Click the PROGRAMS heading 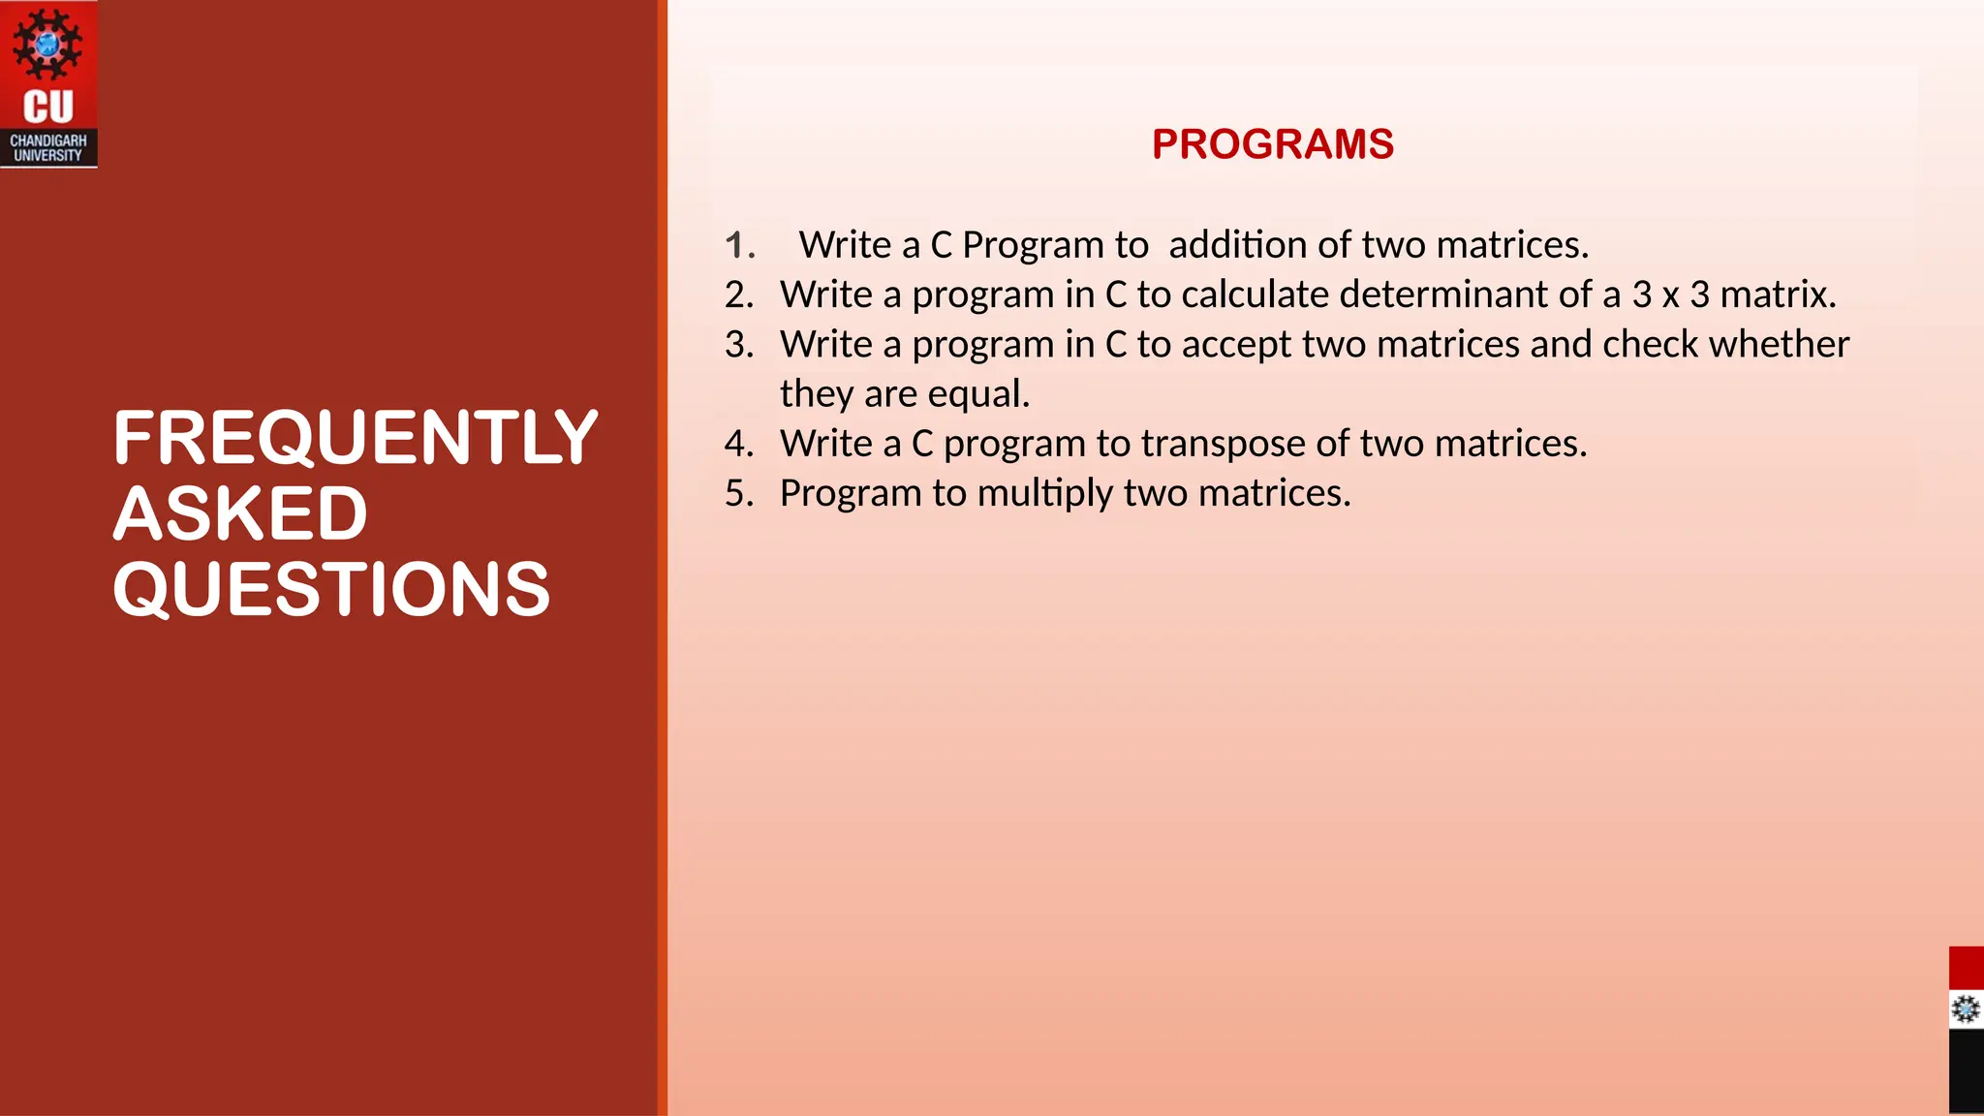coord(1272,144)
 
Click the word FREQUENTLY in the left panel coord(355,438)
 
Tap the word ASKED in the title coord(240,513)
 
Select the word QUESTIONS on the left coord(331,589)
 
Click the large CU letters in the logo coord(48,107)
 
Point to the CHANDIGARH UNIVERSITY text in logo coord(48,147)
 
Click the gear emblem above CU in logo coord(47,45)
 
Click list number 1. coord(739,245)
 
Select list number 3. coord(739,345)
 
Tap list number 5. coord(739,494)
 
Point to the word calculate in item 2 coord(1255,294)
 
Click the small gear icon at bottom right coord(1966,1009)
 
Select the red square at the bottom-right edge coord(1966,968)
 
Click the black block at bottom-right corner coord(1966,1071)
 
